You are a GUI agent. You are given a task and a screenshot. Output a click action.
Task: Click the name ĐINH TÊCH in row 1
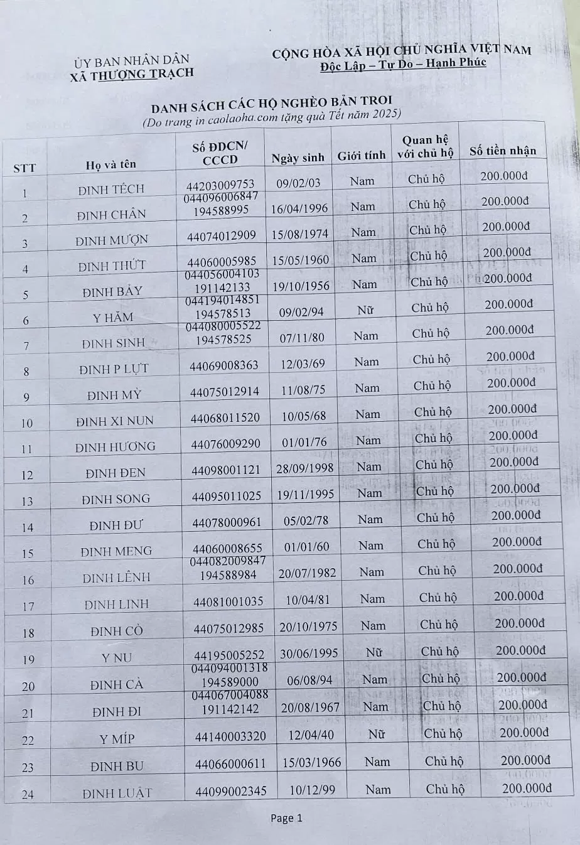tap(111, 189)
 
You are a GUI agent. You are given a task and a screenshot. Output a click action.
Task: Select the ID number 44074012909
tap(221, 236)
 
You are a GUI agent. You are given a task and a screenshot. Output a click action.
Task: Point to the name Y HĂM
tap(113, 318)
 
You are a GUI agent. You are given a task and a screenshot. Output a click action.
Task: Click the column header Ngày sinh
tap(298, 158)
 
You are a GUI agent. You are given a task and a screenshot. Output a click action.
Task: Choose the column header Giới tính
tap(361, 156)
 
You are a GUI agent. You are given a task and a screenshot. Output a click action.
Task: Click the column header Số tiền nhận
tap(503, 151)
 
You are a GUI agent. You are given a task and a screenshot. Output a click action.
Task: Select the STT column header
tap(24, 168)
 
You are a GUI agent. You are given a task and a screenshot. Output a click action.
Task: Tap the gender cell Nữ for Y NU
tap(375, 652)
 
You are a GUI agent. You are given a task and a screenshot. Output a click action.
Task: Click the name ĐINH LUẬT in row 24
tap(117, 793)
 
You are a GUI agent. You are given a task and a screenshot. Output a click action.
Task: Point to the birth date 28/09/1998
tap(306, 468)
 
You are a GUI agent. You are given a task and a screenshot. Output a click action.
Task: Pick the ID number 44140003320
tap(230, 736)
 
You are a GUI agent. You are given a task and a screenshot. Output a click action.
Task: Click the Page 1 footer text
tap(286, 818)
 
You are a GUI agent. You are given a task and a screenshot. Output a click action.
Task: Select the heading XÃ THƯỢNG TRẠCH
tap(132, 73)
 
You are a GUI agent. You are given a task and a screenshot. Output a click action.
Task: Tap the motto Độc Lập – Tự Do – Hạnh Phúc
tap(402, 63)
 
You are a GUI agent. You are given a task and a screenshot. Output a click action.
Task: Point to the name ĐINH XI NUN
tap(114, 421)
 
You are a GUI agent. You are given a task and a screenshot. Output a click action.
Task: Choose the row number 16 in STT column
tap(28, 580)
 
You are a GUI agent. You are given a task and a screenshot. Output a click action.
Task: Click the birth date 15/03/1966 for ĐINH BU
tap(311, 763)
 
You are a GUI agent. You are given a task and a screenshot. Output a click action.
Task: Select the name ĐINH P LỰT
tap(114, 369)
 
